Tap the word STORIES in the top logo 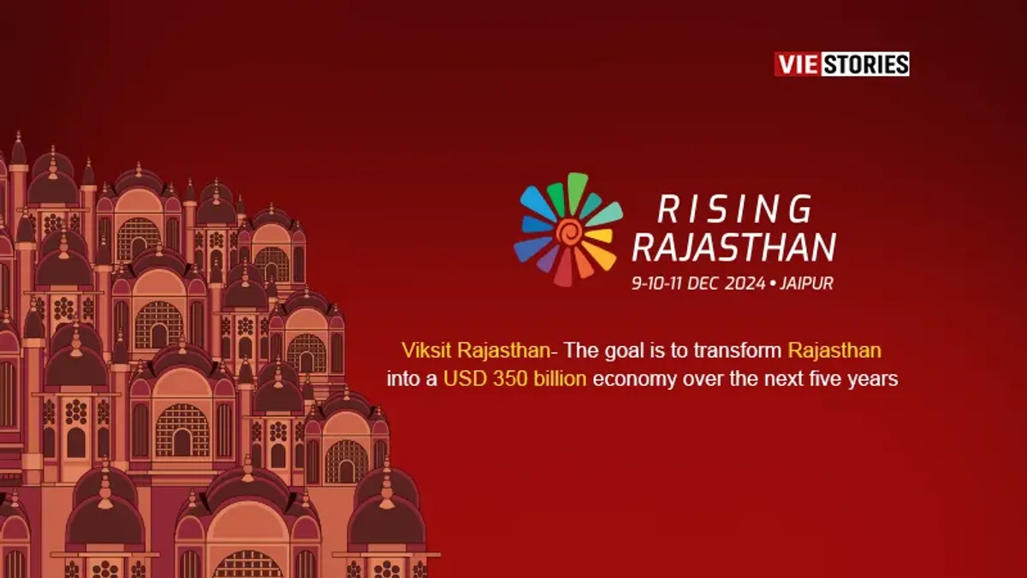point(864,64)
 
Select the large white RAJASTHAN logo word point(733,248)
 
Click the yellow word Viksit point(426,350)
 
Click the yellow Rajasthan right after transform point(834,350)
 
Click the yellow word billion point(557,378)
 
